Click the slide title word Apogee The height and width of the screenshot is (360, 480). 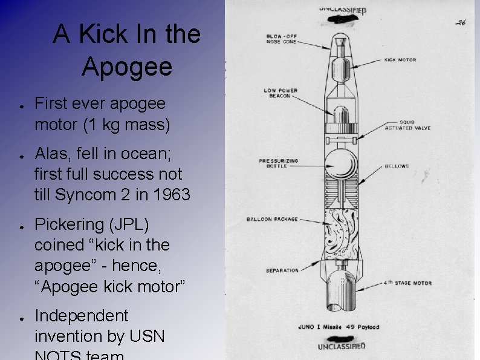[126, 67]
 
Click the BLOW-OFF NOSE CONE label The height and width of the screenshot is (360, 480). [281, 39]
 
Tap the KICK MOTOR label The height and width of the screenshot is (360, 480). [400, 60]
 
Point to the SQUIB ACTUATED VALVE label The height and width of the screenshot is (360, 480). [407, 125]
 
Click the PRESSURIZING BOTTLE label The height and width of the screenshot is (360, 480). [279, 163]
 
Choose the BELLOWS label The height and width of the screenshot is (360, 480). [397, 166]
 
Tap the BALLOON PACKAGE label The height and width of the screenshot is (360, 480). [272, 219]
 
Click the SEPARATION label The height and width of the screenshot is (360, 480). [282, 270]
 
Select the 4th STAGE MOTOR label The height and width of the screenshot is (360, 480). [407, 283]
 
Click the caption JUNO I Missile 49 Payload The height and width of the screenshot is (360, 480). [339, 327]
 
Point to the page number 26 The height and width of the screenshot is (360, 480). [461, 22]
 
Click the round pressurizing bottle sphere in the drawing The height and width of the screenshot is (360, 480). [342, 165]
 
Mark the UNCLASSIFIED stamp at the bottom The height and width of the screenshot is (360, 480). [342, 346]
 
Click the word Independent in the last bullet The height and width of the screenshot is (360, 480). [82, 316]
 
